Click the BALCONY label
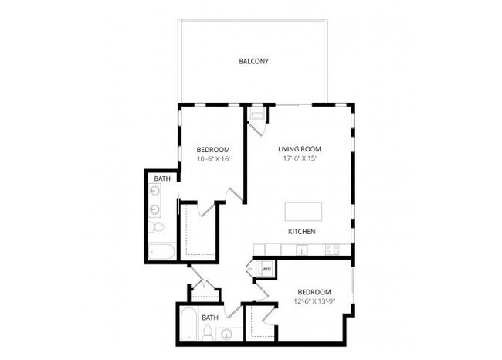point(253,61)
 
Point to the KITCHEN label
point(301,231)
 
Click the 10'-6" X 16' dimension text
point(212,160)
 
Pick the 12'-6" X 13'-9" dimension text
point(314,301)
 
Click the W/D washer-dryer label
point(266,269)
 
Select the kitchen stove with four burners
point(332,250)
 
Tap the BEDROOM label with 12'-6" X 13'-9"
point(314,291)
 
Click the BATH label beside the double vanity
point(161,178)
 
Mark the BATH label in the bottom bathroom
point(209,317)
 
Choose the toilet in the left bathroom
point(157,229)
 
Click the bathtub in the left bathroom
point(162,251)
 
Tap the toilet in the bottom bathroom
point(209,333)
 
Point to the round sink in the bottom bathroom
point(227,335)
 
